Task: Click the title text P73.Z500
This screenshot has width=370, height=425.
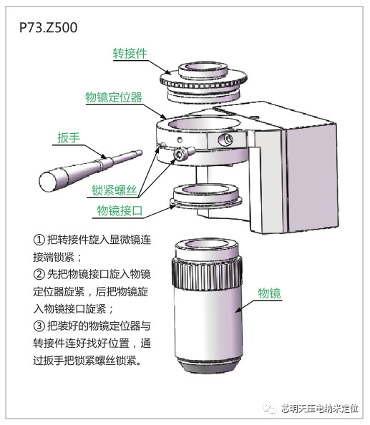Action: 48,27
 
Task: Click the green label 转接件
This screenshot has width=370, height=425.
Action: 130,54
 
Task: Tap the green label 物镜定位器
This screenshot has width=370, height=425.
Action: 114,97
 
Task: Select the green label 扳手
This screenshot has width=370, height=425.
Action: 69,137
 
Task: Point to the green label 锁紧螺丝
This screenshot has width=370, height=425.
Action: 114,190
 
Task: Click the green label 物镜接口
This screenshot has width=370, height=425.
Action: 120,210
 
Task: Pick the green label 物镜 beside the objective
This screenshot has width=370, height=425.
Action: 269,293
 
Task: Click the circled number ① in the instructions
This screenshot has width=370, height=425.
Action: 39,240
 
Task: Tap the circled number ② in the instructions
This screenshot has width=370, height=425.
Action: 39,274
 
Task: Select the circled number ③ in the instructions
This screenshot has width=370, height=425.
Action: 39,326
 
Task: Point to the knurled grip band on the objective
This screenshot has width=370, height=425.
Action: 207,273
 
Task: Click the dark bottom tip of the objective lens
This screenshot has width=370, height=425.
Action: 209,366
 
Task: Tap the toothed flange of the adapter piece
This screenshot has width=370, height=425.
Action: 203,83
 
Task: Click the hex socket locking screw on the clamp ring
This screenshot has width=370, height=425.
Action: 180,155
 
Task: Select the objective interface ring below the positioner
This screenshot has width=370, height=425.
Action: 206,197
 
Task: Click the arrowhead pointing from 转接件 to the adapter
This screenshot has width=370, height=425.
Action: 168,72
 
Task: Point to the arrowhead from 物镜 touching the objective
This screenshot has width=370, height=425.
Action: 238,310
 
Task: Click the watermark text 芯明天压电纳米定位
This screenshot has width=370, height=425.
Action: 319,409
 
